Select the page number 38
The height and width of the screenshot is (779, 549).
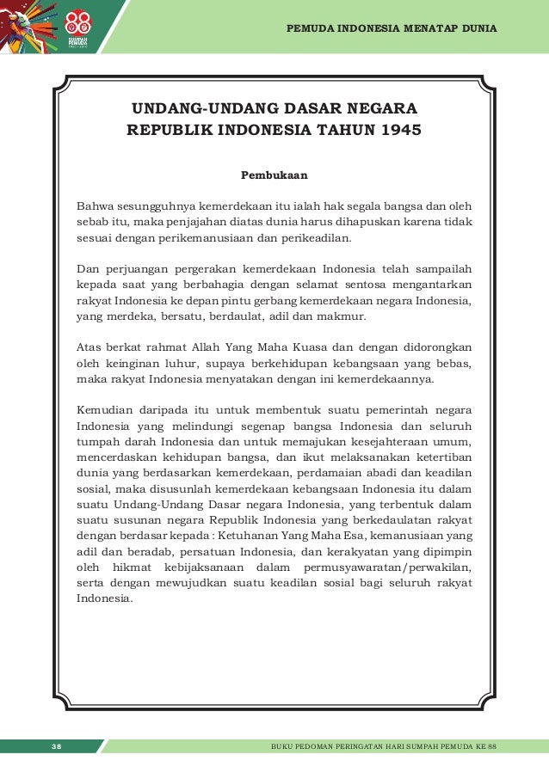tap(57, 745)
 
